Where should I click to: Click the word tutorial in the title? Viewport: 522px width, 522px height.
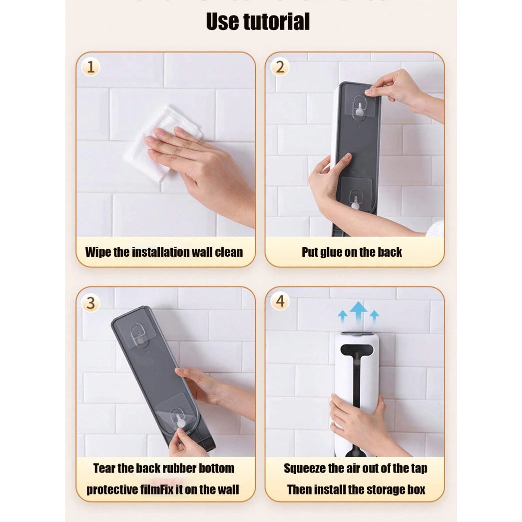click(277, 21)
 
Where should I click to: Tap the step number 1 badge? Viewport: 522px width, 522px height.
click(91, 67)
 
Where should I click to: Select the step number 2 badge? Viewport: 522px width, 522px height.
click(280, 67)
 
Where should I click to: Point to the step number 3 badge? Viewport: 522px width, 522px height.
click(91, 303)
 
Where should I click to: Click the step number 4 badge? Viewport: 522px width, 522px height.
click(280, 301)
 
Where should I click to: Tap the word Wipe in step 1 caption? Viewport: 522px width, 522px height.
click(98, 252)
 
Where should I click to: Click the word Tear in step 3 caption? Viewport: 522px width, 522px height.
click(104, 468)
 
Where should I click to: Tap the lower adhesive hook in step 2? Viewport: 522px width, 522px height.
click(356, 199)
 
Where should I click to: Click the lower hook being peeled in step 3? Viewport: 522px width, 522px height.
click(180, 418)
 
